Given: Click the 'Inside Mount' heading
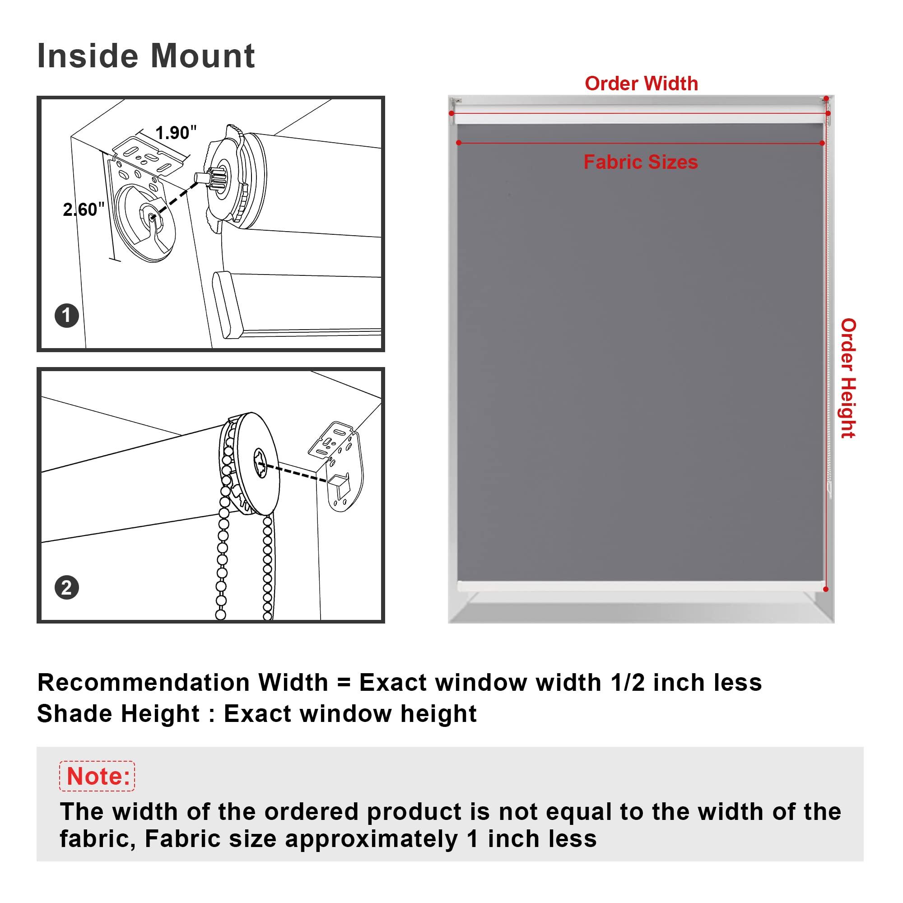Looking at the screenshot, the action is click(x=146, y=56).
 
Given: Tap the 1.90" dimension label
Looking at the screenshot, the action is click(x=176, y=133).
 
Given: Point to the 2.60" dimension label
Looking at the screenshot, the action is click(x=84, y=209).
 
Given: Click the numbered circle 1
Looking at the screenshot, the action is click(x=66, y=316).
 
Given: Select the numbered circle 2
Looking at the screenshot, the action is click(x=66, y=587).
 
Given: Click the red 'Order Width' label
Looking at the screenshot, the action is click(x=641, y=84).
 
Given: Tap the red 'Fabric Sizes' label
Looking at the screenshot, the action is click(x=641, y=162).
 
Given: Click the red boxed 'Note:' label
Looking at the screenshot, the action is click(x=97, y=776).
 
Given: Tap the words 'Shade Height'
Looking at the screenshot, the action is click(x=119, y=714).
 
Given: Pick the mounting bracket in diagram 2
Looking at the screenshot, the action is click(x=335, y=465).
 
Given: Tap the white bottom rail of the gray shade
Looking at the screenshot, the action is click(x=641, y=586).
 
